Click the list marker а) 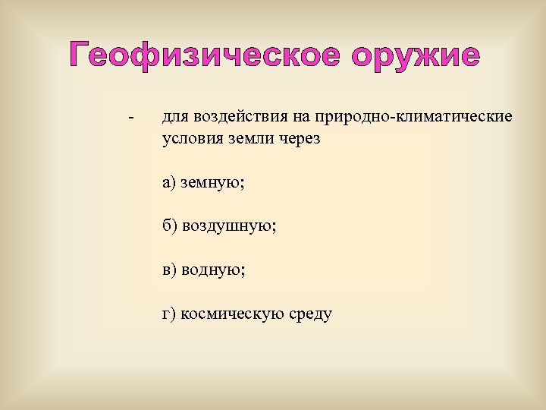168,182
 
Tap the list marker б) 169,226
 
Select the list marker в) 168,270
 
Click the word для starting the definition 175,117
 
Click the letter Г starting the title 78,55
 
